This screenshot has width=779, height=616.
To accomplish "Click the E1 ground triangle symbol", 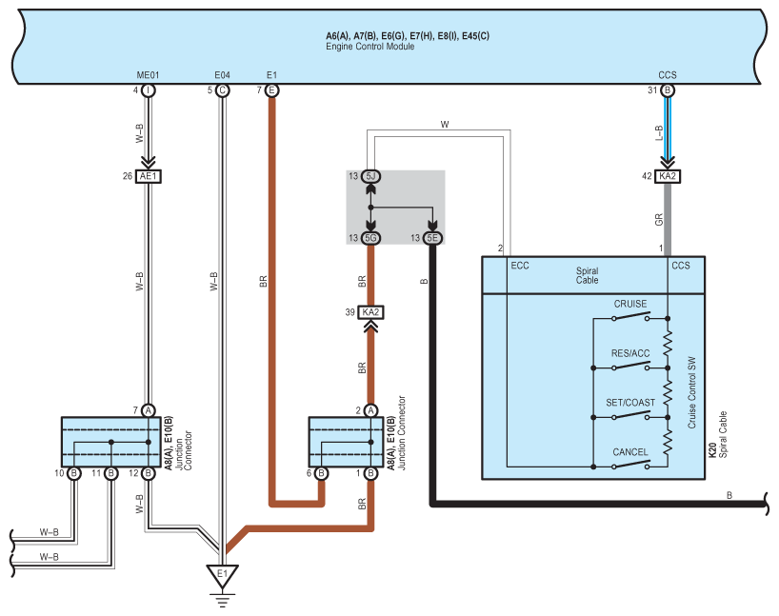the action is tap(222, 576).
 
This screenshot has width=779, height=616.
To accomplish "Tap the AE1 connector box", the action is tap(148, 176).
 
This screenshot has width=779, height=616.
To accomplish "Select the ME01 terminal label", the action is tap(148, 75).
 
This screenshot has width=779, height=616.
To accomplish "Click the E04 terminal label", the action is tap(222, 75).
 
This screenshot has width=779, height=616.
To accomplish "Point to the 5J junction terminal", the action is tap(370, 176).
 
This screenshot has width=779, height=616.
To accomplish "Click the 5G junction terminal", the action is tap(370, 238).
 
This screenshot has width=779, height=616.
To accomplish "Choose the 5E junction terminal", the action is tap(432, 238).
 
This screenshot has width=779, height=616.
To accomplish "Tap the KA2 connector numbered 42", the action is tap(668, 176).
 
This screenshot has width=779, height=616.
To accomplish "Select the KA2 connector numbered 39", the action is tap(370, 312).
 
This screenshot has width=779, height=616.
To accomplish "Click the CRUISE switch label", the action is tap(629, 304).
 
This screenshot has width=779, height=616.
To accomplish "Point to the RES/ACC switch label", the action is tap(629, 353).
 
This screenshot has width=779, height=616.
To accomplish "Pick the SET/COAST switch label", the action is tap(629, 403).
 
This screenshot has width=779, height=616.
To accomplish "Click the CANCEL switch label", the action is tap(629, 452).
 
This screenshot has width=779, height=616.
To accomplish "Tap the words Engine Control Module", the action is tap(370, 47).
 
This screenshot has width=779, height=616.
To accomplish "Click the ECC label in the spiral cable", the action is tap(520, 266).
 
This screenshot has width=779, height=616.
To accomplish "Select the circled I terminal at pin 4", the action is tap(148, 90).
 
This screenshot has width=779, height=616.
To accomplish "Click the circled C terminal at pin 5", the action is tap(222, 90).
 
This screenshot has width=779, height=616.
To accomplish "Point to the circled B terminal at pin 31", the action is tap(668, 90).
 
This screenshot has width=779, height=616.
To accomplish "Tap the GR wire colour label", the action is tap(659, 220).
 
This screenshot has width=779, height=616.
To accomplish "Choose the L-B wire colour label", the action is tap(659, 133).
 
